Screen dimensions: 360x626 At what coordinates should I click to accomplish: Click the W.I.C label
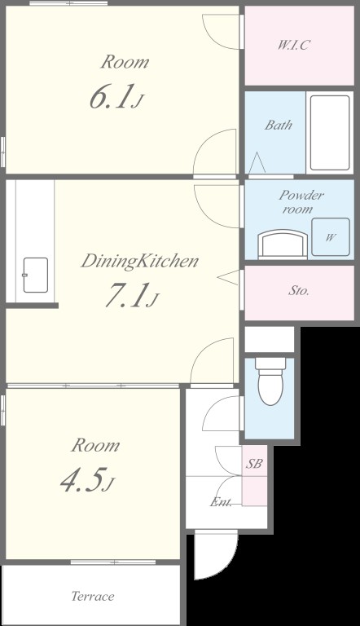pos(293,45)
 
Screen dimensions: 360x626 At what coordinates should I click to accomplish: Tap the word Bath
pos(279,125)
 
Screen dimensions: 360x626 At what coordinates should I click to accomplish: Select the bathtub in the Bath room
pos(330,133)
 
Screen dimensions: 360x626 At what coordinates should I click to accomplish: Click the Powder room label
pos(301,202)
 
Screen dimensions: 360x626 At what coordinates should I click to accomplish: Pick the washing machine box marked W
pos(331,236)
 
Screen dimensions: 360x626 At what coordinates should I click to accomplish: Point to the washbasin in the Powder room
pos(283,244)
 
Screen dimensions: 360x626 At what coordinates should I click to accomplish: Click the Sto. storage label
pos(299,290)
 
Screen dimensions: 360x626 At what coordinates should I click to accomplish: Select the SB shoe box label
pos(254,464)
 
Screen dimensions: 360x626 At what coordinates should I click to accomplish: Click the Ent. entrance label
pos(221,502)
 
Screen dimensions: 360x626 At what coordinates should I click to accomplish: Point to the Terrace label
pos(93,596)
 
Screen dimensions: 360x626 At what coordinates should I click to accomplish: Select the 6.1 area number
pos(116,97)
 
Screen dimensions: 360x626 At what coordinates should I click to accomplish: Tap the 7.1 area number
pos(132,295)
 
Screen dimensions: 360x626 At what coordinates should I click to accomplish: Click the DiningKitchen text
pos(140,261)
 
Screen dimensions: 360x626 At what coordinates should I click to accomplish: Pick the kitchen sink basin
pos(36,275)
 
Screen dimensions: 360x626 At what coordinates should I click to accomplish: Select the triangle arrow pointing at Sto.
pos(228,277)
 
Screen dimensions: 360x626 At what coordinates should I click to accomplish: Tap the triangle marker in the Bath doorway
pos(257,163)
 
